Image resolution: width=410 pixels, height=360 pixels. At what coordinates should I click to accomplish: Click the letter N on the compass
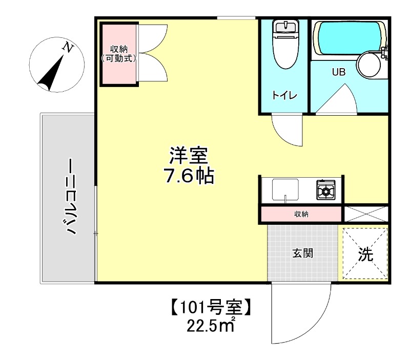[67, 47]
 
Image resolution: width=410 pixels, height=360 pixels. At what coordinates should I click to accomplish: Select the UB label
[339, 72]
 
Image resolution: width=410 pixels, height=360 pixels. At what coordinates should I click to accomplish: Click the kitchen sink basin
[285, 190]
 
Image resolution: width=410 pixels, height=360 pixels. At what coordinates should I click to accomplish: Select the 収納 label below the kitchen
[301, 214]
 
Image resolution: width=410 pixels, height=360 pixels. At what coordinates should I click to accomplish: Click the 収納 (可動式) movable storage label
[119, 53]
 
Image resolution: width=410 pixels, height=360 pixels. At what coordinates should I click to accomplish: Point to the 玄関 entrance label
[303, 252]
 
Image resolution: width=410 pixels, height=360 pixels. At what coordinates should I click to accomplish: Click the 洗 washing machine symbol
[365, 254]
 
